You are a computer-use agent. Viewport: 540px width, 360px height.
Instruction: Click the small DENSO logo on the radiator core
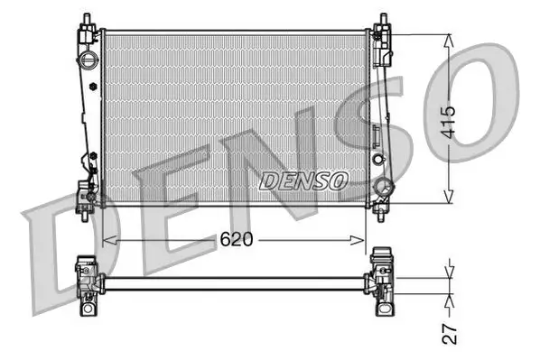[303, 180]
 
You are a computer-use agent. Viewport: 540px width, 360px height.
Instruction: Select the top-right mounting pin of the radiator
[382, 19]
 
